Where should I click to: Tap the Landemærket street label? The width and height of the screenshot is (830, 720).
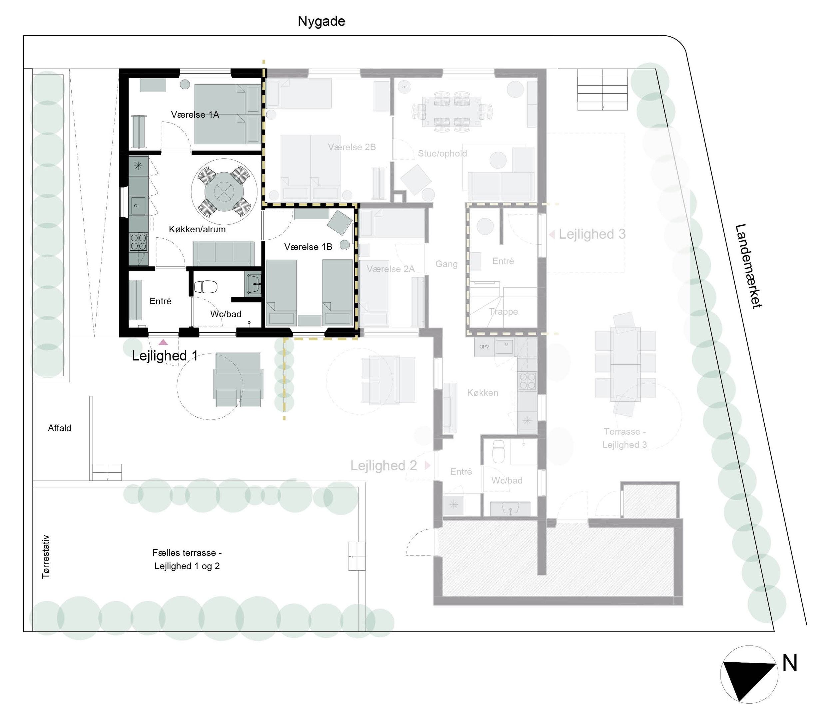point(748,266)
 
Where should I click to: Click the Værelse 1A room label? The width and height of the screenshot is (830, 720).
point(195,115)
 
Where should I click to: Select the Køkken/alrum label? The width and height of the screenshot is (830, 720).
point(197,229)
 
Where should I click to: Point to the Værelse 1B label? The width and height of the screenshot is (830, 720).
point(308,247)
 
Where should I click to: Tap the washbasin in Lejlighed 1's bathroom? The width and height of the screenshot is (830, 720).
point(253,284)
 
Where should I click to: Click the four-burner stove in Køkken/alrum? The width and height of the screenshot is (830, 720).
point(139,242)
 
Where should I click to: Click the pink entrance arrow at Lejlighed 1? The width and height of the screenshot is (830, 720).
point(163,342)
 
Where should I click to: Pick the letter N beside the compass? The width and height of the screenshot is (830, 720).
point(789,663)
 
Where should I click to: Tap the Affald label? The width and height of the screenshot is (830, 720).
point(59,428)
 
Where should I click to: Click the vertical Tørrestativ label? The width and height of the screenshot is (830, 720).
point(46,556)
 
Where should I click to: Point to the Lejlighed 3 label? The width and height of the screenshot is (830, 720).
point(592,234)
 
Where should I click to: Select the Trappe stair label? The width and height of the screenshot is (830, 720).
point(503,311)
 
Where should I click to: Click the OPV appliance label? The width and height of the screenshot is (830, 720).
point(484,347)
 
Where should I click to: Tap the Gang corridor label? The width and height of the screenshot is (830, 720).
point(446,264)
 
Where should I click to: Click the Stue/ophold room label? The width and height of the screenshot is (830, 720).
point(442,153)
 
